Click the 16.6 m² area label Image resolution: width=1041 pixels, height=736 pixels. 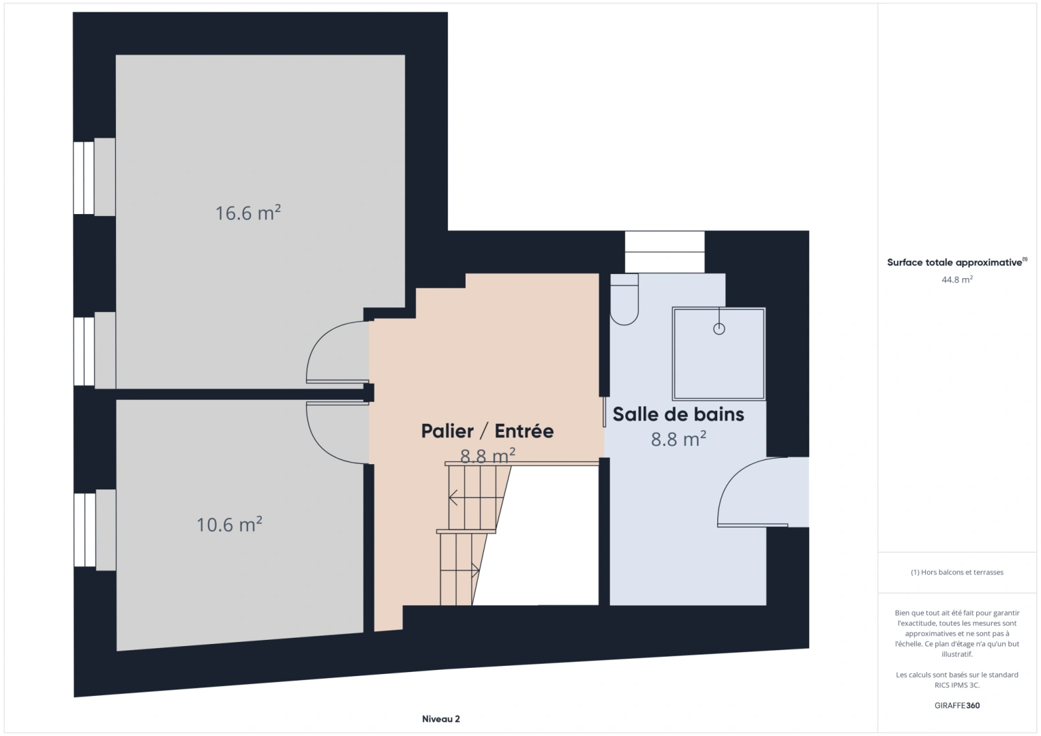[247, 213]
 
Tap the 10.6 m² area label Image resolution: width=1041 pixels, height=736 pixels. [229, 524]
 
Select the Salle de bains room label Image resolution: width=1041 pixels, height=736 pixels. [678, 414]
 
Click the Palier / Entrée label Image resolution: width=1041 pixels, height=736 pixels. [487, 431]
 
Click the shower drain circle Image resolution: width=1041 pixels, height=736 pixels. [719, 329]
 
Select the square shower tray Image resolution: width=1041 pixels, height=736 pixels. [719, 354]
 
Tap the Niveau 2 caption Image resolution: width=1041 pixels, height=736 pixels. [440, 719]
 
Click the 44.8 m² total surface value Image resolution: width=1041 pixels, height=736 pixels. [957, 279]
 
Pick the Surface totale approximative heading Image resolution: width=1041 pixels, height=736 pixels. [957, 262]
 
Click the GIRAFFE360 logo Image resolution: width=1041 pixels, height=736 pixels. [957, 705]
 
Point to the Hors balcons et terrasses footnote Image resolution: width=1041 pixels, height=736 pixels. [957, 572]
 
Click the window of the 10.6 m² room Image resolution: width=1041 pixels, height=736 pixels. [85, 530]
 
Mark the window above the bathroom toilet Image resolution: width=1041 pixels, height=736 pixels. [665, 252]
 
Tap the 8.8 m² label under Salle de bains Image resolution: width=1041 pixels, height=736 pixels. [678, 439]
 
